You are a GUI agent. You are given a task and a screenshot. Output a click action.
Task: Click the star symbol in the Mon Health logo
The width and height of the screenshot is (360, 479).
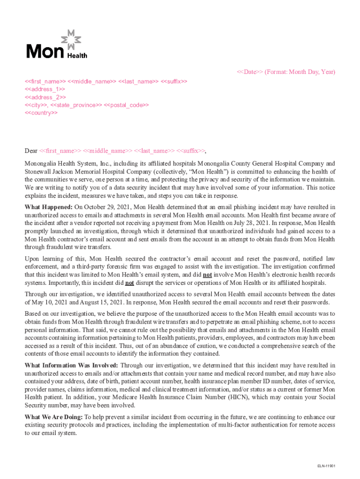click(71, 40)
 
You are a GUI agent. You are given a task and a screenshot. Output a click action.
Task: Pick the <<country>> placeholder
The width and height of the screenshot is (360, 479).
click(41, 113)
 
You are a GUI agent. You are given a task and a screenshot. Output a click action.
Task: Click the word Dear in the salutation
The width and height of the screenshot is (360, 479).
click(31, 151)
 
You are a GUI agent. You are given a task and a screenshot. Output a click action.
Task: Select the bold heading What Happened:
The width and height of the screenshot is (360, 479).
click(49, 207)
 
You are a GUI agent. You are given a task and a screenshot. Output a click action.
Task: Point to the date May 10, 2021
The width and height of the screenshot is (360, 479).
click(43, 302)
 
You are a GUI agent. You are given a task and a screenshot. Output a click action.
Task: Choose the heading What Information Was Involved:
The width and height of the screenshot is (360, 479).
click(72, 365)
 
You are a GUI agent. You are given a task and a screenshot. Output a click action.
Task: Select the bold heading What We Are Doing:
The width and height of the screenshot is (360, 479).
click(54, 417)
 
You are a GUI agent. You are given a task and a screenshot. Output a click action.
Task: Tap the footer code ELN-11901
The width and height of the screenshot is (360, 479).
click(326, 466)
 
